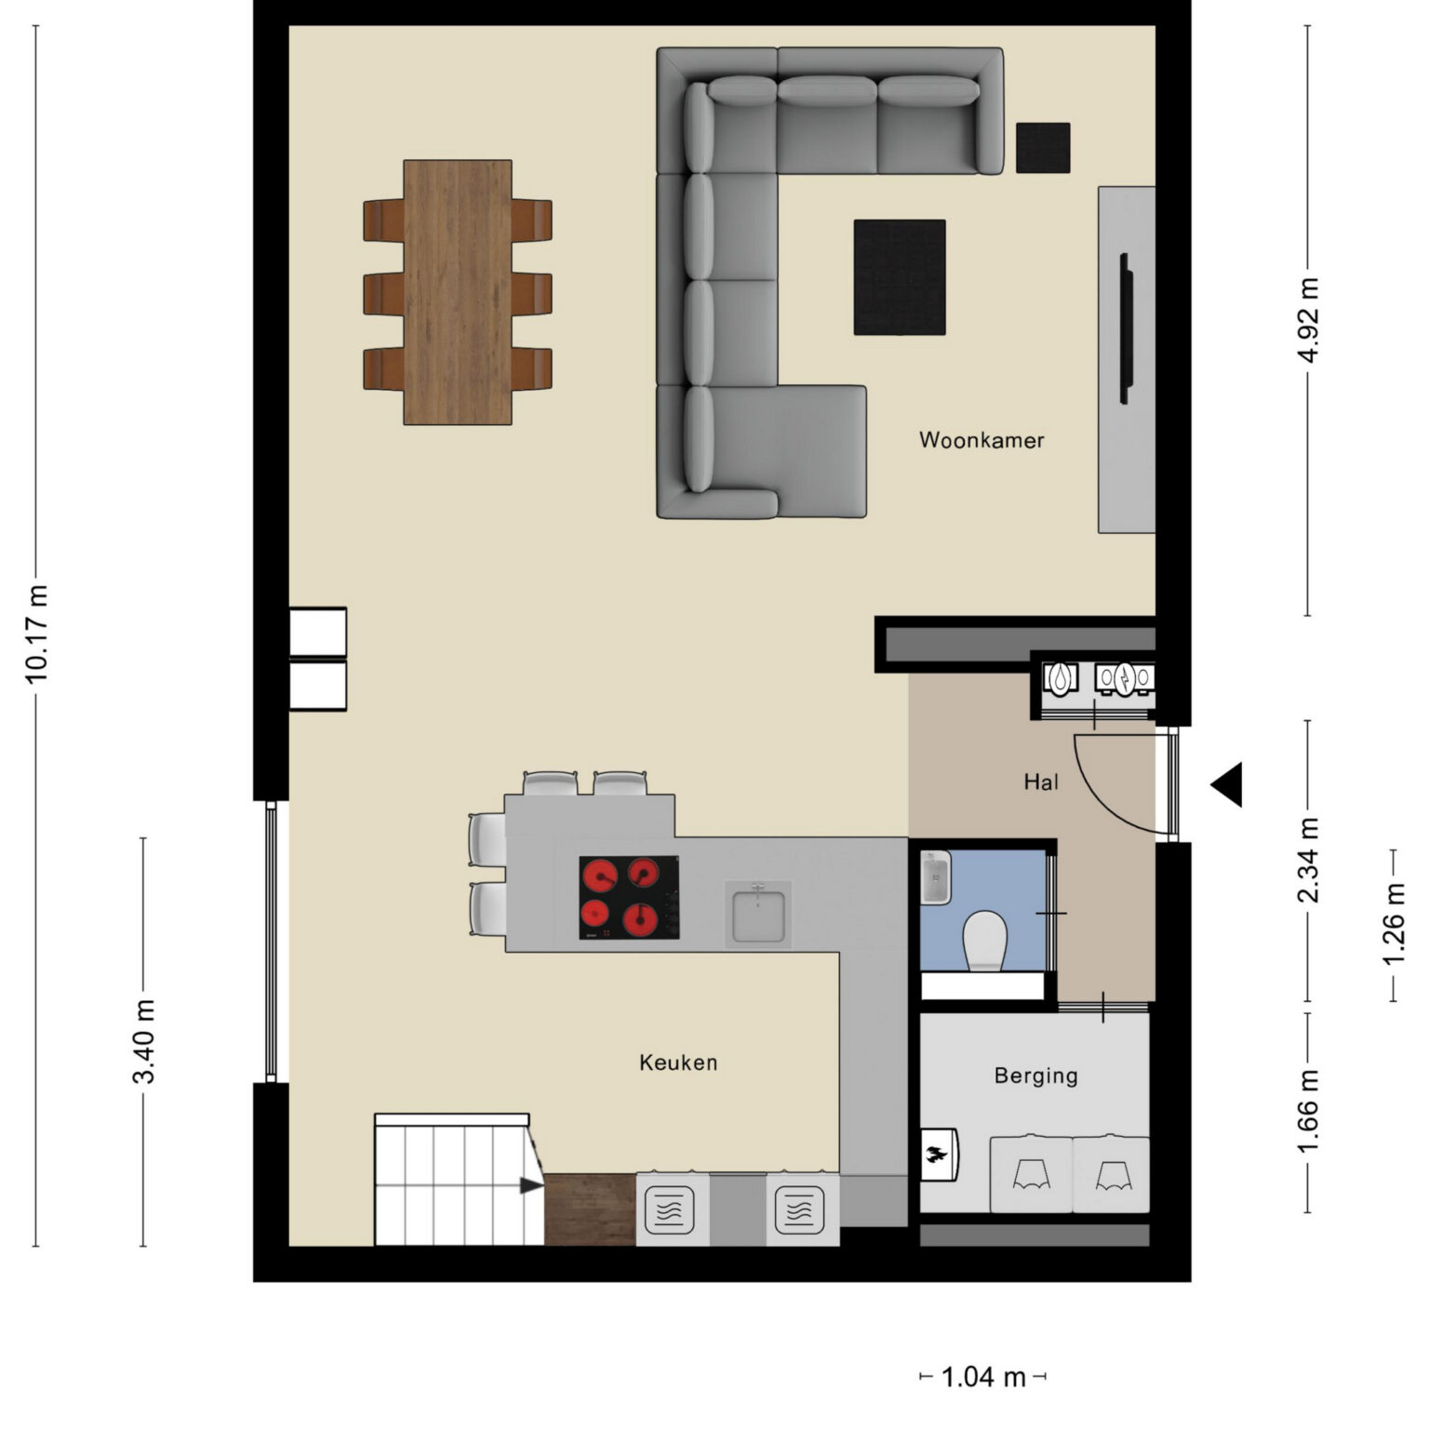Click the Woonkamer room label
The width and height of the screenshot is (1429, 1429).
tap(982, 440)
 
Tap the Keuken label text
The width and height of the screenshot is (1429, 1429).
tap(678, 1062)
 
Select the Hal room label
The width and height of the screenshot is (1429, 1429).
tap(1041, 782)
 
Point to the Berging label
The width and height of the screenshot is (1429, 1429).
tap(1035, 1075)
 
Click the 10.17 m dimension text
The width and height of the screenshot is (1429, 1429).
tap(36, 634)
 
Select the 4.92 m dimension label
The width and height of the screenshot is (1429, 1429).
tap(1308, 320)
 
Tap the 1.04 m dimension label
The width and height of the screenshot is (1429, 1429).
tap(983, 1377)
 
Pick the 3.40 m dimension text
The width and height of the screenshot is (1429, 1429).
tap(143, 1042)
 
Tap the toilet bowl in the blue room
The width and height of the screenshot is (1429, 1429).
tap(984, 941)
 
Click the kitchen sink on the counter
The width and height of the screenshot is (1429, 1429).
tap(758, 915)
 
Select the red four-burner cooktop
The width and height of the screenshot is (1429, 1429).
tap(629, 898)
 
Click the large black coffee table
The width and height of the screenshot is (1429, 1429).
tap(900, 277)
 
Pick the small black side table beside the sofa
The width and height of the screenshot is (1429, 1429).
tap(1043, 148)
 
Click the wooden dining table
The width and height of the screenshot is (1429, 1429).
tap(458, 292)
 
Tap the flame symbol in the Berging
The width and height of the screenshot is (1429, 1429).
tap(936, 1155)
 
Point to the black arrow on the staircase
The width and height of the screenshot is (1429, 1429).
tap(531, 1185)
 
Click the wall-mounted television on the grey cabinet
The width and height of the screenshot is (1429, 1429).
tap(1126, 328)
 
